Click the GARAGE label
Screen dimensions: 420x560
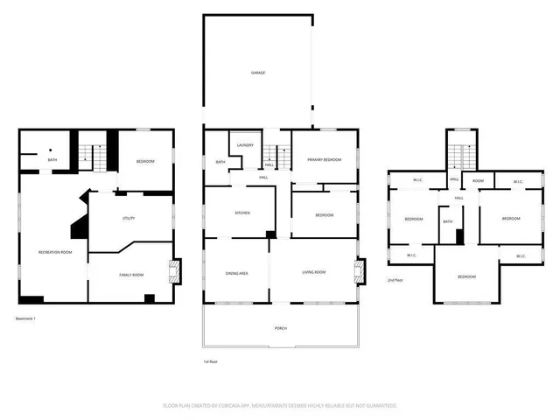pos(257,73)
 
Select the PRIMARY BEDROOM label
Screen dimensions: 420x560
pos(325,159)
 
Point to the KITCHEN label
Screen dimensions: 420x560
pos(242,213)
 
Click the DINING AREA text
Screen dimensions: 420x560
pos(237,273)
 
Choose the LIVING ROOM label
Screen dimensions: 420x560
pos(313,273)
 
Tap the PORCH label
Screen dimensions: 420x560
pos(281,328)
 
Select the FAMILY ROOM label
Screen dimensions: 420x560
pos(131,276)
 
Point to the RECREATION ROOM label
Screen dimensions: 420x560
pos(54,252)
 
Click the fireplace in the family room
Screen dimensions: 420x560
pos(176,271)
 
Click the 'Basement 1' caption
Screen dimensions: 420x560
pos(29,317)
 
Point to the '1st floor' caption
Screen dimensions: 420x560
pos(210,360)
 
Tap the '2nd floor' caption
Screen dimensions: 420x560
pos(395,280)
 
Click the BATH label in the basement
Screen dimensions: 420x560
pos(52,160)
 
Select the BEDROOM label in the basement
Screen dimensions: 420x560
pos(145,162)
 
